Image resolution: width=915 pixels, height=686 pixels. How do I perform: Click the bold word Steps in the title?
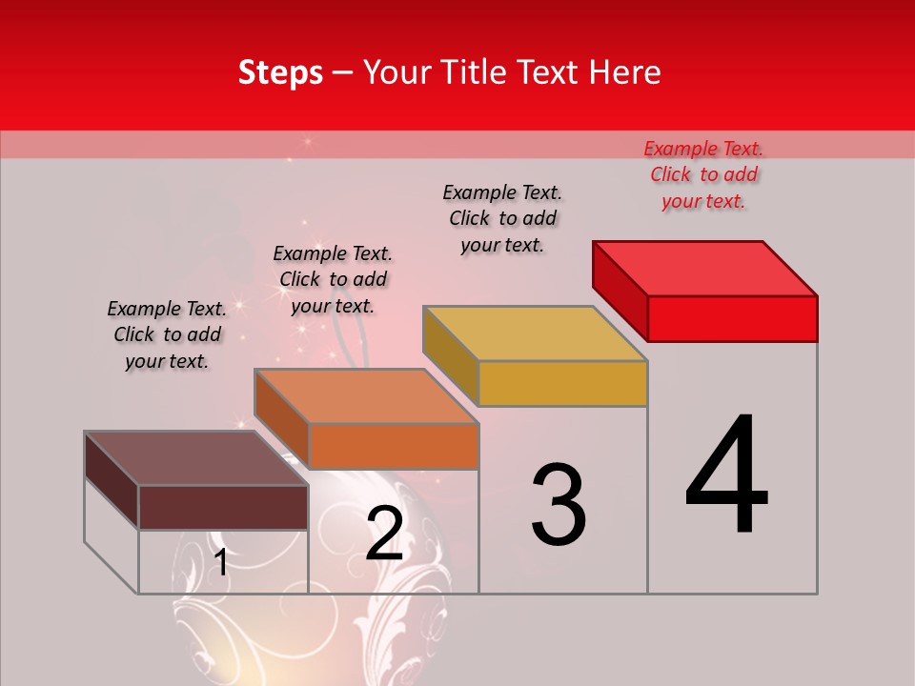tap(280, 72)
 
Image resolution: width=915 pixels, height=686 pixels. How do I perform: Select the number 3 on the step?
tap(559, 504)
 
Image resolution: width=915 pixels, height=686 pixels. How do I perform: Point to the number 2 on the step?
tap(384, 534)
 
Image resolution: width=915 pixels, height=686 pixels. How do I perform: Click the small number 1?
tap(221, 562)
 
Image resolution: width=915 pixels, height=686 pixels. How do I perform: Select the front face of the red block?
tap(732, 318)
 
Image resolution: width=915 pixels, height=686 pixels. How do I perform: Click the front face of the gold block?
tap(562, 383)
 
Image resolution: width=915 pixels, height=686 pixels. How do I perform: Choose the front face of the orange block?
tap(393, 446)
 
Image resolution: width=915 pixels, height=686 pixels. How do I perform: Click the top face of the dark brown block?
tap(196, 458)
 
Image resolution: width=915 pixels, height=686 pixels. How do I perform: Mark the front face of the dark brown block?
tap(223, 507)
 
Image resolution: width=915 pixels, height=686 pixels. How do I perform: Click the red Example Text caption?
tap(703, 175)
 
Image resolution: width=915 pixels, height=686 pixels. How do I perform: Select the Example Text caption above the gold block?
tap(502, 218)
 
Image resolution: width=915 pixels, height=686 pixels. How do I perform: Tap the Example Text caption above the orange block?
tap(333, 279)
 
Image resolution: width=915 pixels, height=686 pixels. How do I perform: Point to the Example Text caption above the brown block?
tap(167, 334)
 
